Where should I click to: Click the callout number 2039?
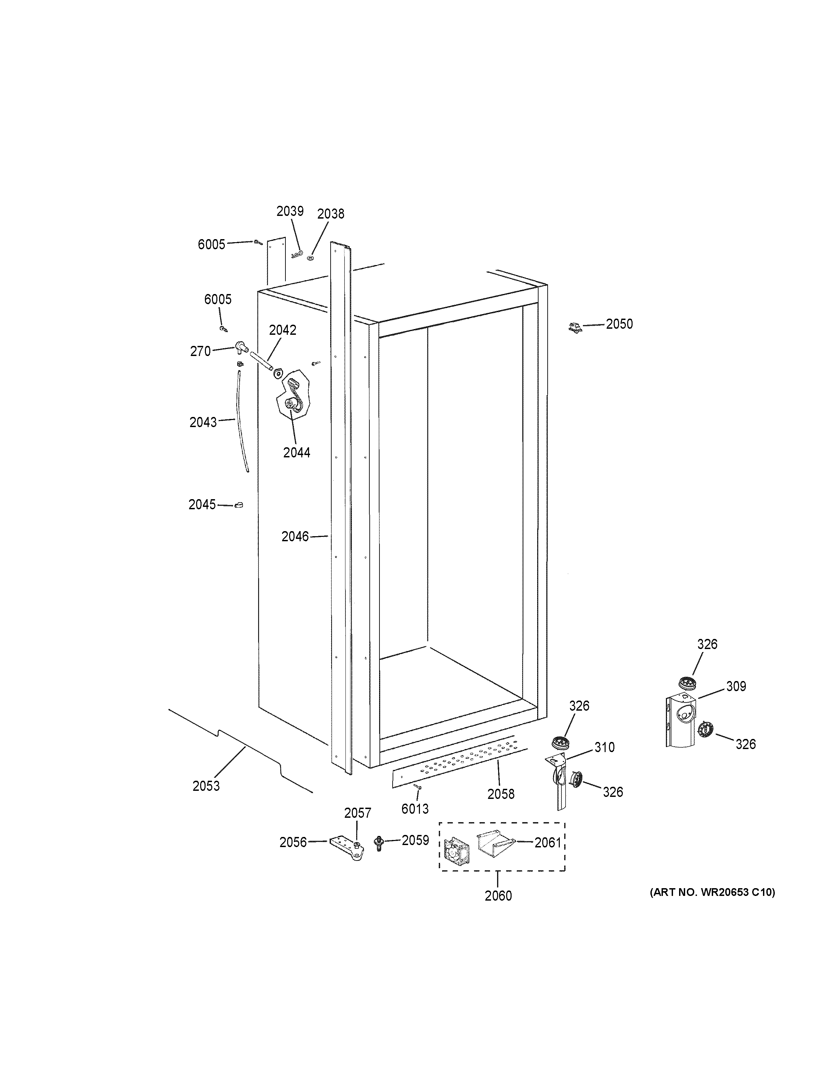pyautogui.click(x=290, y=211)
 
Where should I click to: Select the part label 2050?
pyautogui.click(x=619, y=324)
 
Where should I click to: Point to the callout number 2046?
pyautogui.click(x=295, y=537)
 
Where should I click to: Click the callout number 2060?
pyautogui.click(x=498, y=896)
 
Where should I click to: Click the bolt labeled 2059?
pyautogui.click(x=378, y=842)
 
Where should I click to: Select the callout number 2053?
pyautogui.click(x=206, y=786)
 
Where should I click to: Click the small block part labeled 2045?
pyautogui.click(x=239, y=505)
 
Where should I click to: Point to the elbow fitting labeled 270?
pyautogui.click(x=241, y=347)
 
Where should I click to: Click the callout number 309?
pyautogui.click(x=736, y=686)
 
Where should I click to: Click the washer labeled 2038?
pyautogui.click(x=311, y=257)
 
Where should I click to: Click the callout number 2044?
pyautogui.click(x=297, y=452)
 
